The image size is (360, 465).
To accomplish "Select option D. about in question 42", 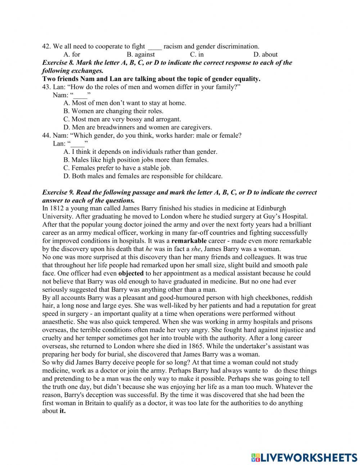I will [x=265, y=54].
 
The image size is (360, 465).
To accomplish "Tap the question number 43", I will [x=46, y=87].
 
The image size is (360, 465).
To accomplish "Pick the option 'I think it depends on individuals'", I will [x=140, y=152].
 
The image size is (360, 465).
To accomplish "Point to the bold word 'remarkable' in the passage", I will [x=189, y=241].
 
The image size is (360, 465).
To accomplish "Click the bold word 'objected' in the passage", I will [x=131, y=273].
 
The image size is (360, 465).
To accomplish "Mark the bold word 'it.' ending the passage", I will [x=62, y=411].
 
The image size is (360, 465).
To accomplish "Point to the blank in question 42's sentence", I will [x=155, y=46].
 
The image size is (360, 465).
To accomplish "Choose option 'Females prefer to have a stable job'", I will [x=117, y=168].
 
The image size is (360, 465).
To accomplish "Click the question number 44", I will [x=46, y=135].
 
